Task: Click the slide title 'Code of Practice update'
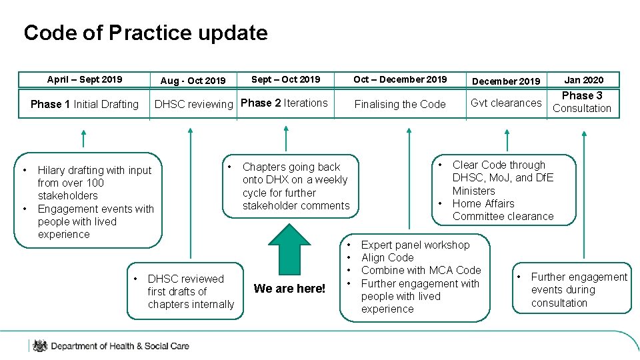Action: point(145,33)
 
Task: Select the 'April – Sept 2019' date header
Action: point(85,79)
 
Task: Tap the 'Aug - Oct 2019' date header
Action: point(193,81)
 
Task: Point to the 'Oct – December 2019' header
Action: point(400,79)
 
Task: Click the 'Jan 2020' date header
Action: point(583,80)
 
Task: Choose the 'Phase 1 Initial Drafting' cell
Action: point(85,104)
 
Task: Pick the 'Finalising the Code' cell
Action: point(400,104)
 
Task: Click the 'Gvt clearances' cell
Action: point(506,103)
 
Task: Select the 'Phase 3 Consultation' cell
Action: point(582,102)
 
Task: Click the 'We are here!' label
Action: point(289,289)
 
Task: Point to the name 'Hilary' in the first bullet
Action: point(53,170)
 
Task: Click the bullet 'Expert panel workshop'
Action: point(415,245)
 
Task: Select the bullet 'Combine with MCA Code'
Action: point(421,270)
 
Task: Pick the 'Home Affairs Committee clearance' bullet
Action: point(503,210)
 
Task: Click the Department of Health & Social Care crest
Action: point(40,345)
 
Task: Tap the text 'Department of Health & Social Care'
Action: point(120,346)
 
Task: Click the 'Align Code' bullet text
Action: point(387,257)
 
